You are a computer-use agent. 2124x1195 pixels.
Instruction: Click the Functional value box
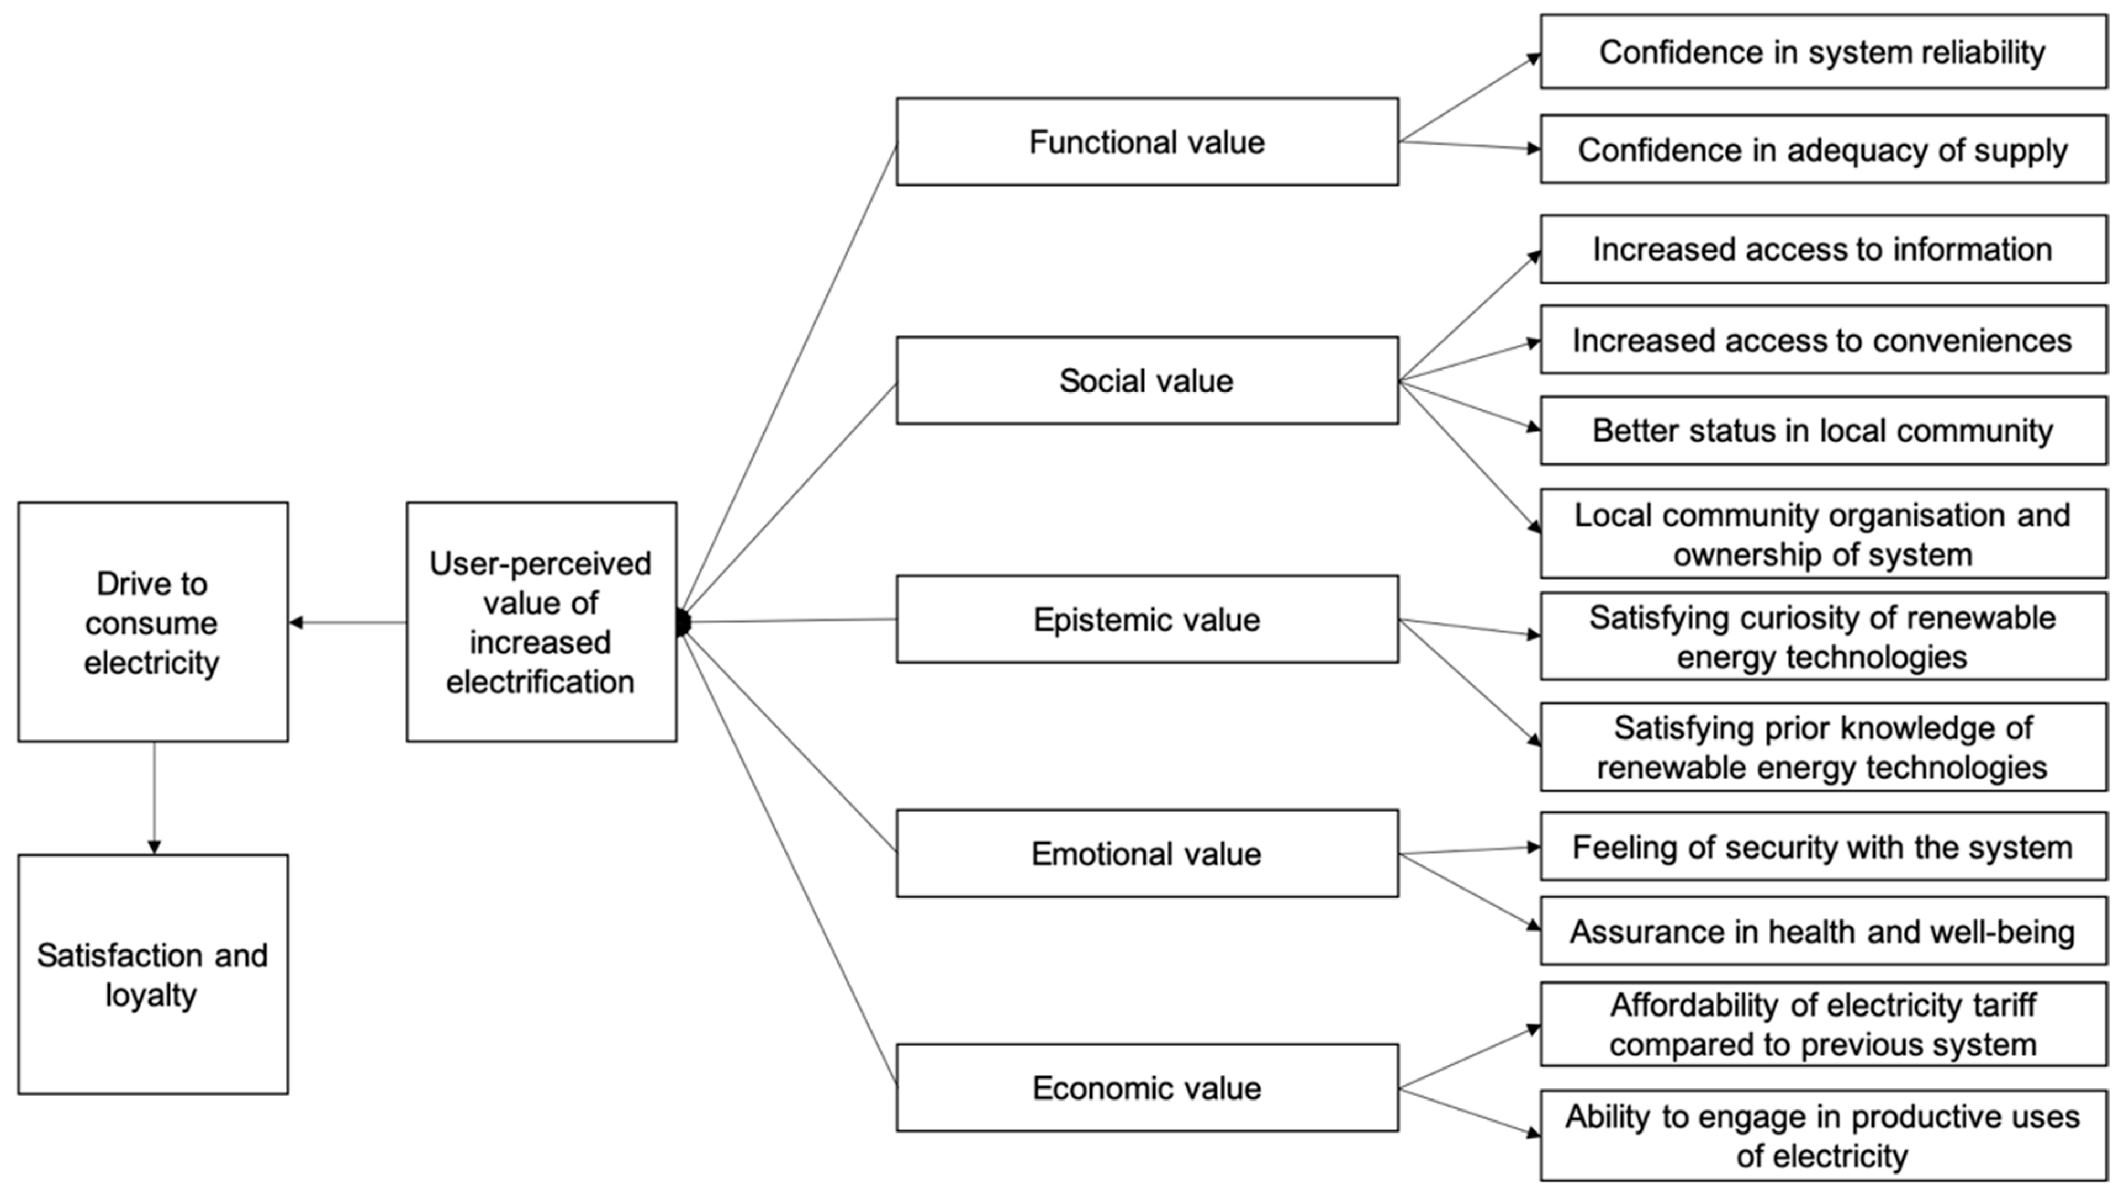[1147, 142]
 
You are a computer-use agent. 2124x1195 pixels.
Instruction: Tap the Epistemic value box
[1147, 620]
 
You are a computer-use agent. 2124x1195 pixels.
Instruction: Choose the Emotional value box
[1147, 854]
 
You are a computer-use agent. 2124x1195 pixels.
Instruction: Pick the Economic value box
[1147, 1088]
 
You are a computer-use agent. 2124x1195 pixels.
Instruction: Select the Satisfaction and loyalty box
[152, 974]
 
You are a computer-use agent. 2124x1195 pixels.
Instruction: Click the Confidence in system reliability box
[1823, 52]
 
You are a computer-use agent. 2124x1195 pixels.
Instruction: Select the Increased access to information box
[1823, 249]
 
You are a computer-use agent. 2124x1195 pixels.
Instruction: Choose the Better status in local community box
[1823, 431]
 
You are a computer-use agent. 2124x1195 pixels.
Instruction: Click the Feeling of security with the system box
[1823, 847]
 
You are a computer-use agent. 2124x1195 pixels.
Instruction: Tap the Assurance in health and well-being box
[1823, 931]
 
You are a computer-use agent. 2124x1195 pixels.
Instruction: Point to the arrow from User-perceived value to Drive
[347, 623]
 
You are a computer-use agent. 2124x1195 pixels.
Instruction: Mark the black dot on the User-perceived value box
[683, 623]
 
